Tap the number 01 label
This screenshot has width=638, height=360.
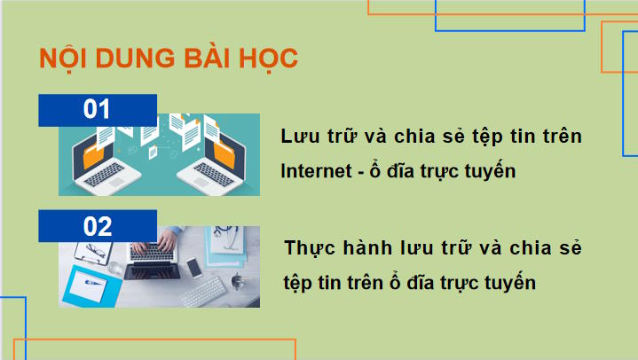click(98, 110)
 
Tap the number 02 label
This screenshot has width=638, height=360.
click(98, 226)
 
